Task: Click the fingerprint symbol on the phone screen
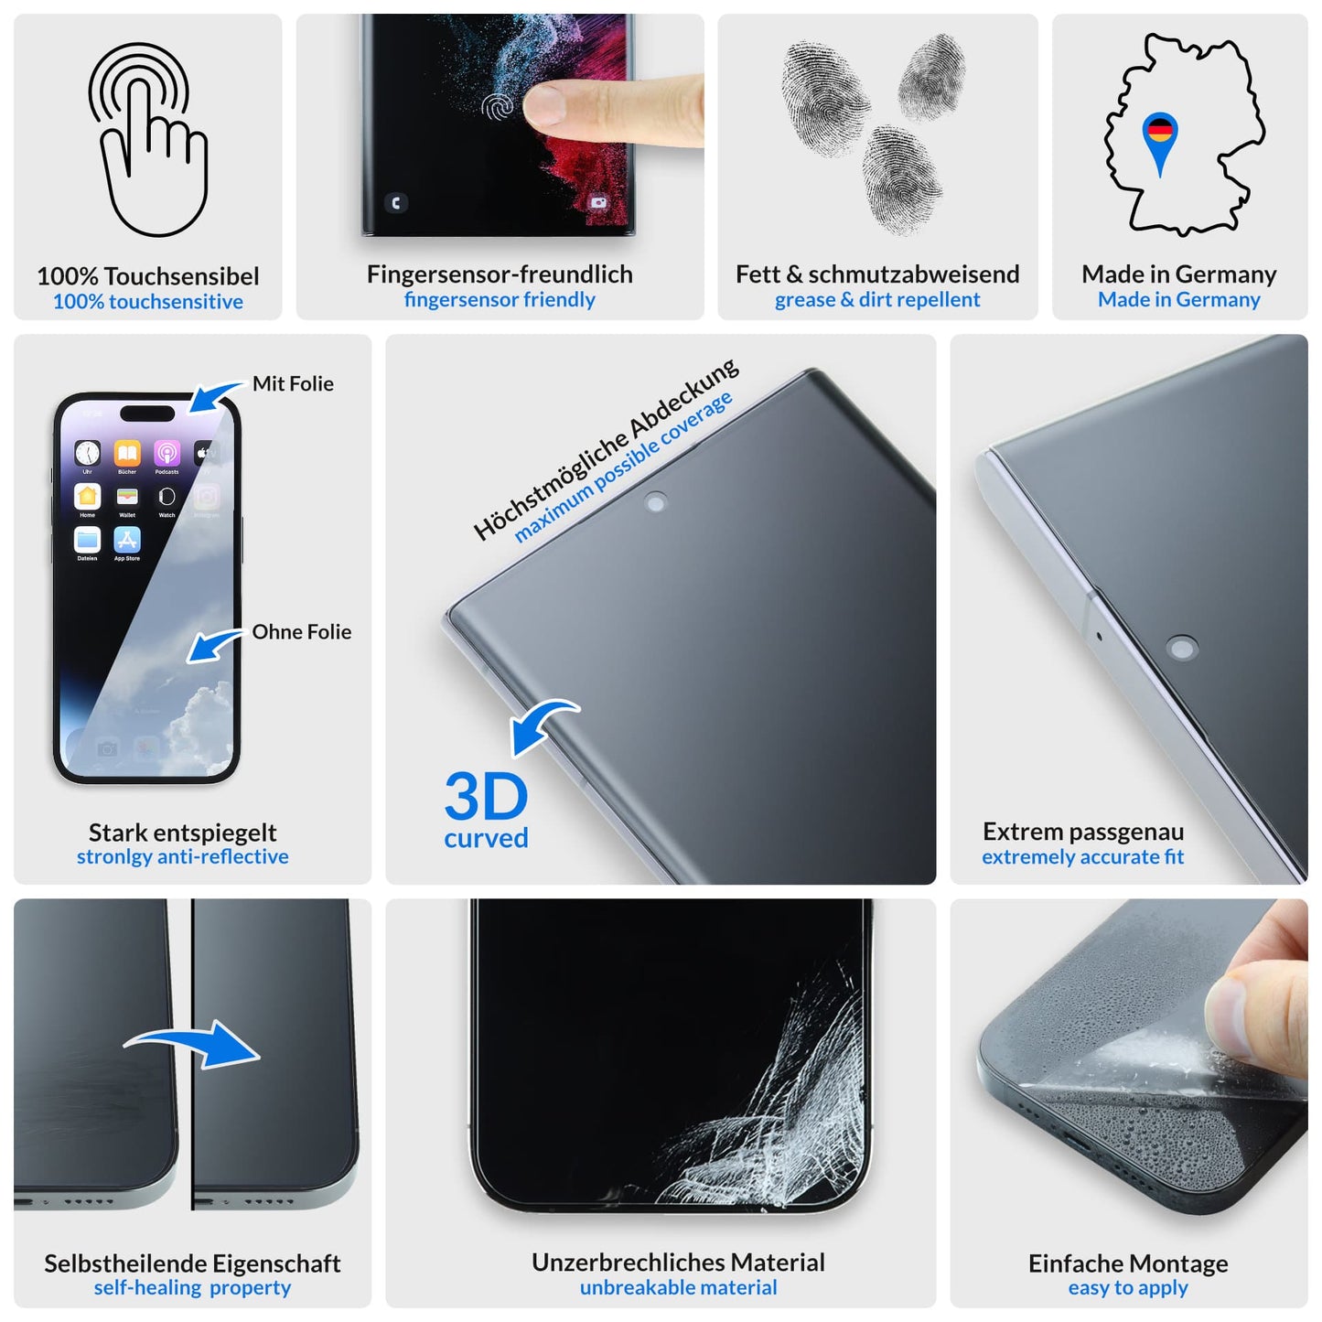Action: pos(499,107)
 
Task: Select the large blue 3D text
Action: pos(486,797)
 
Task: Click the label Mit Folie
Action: pos(293,384)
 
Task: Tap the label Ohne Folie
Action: pos(301,632)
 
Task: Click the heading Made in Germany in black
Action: pos(1178,274)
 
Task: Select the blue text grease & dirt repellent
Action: pos(876,300)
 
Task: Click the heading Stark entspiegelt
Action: pos(182,833)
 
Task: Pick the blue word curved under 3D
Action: pos(486,838)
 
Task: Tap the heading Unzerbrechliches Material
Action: pos(678,1263)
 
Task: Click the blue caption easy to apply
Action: pos(1127,1288)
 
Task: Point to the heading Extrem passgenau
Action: pos(1082,832)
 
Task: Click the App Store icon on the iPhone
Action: pos(127,540)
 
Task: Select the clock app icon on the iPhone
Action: pos(88,453)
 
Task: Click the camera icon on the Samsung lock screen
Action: pos(598,202)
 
